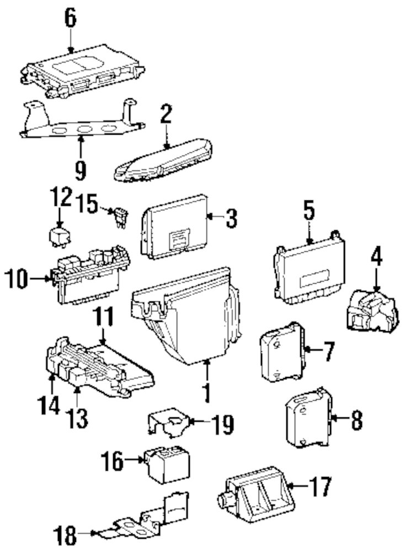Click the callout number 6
70,18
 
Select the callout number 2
166,116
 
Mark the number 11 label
103,319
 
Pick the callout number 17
321,487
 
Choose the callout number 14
47,407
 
